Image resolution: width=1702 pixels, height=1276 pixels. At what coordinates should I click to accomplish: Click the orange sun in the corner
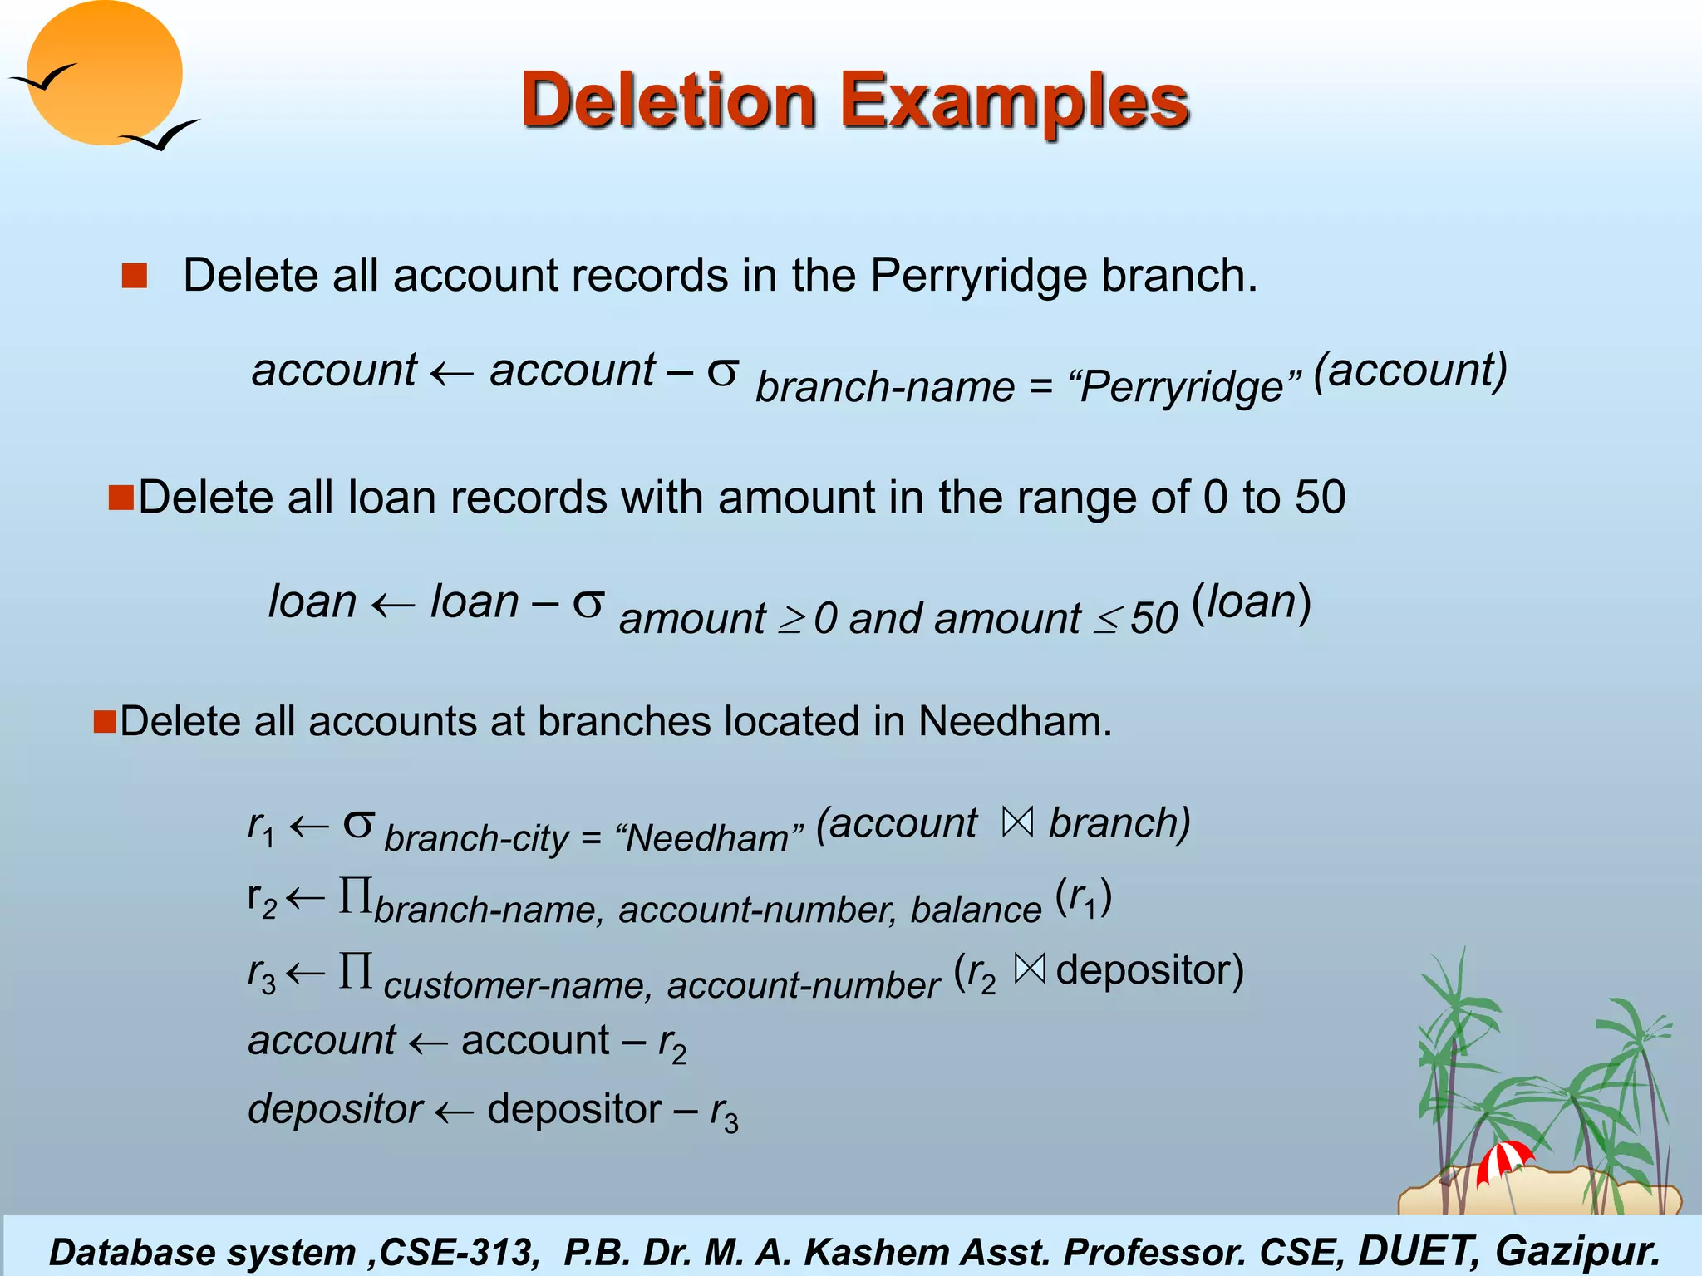(104, 72)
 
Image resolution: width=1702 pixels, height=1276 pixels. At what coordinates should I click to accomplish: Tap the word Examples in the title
(1015, 101)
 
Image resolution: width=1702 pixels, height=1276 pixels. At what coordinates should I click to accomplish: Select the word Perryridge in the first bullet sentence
(978, 275)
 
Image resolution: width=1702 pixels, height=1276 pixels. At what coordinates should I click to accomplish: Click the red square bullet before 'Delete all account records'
(134, 275)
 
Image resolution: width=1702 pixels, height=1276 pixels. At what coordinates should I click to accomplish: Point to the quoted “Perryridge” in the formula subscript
(1186, 387)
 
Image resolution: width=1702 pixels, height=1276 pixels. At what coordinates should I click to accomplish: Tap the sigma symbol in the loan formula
(588, 603)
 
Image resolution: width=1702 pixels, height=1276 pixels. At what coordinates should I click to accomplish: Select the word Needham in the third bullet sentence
(1013, 721)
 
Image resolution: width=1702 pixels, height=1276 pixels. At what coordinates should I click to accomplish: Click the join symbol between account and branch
(1017, 822)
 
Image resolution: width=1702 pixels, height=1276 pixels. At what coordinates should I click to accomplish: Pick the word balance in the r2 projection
(976, 910)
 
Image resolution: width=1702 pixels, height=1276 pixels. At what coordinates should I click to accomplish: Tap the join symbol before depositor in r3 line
(1029, 969)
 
